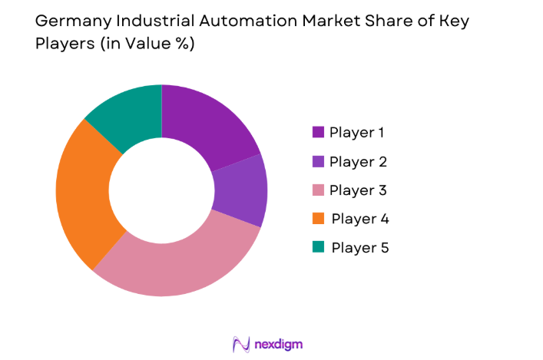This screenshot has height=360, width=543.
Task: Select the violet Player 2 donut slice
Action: [x=241, y=191]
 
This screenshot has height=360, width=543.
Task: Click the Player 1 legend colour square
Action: [x=318, y=132]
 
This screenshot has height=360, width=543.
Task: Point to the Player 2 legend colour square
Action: [x=318, y=161]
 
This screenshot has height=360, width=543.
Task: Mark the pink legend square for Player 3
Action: [x=318, y=190]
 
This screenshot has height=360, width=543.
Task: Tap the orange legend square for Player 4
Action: [x=318, y=219]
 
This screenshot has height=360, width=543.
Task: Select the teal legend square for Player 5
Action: [x=318, y=247]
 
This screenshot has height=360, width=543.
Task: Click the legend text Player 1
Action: [x=357, y=132]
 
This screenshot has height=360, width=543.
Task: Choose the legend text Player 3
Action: [x=358, y=190]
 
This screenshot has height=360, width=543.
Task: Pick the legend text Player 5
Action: [x=359, y=247]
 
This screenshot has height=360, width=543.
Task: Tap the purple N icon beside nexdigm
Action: [x=241, y=343]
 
